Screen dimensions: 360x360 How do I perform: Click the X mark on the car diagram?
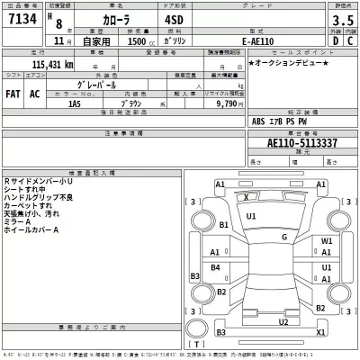[x=247, y=195]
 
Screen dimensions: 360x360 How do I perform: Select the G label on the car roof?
[x=283, y=237]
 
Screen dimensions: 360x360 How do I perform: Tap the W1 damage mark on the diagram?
[x=328, y=242]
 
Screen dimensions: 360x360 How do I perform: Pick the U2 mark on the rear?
[x=283, y=321]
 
